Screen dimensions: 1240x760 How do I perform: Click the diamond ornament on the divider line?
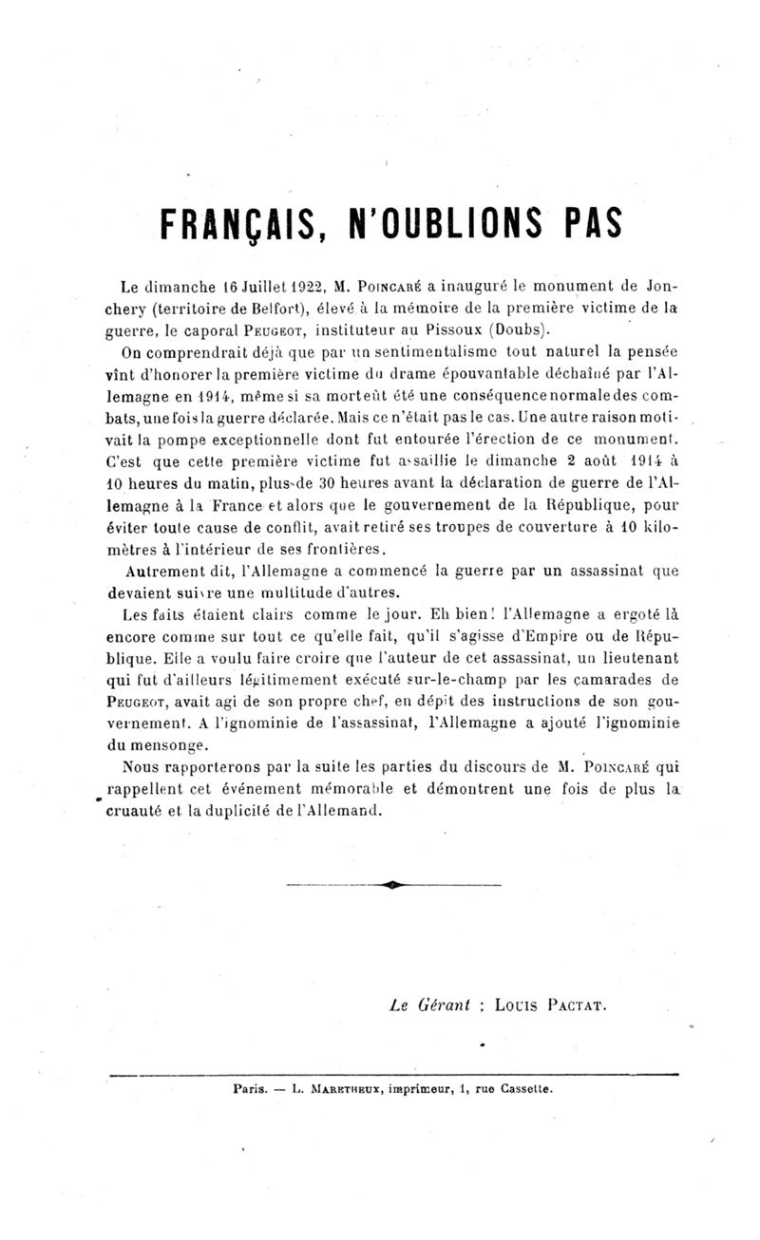[391, 884]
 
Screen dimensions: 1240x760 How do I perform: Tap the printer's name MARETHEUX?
[339, 1089]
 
